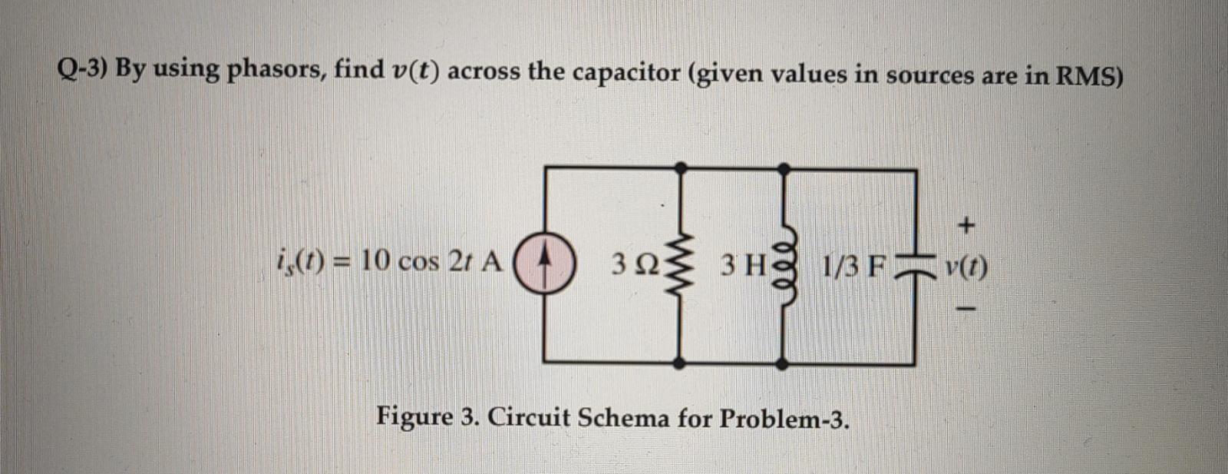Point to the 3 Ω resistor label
(x=635, y=266)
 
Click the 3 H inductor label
(x=742, y=266)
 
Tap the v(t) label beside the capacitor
(x=966, y=267)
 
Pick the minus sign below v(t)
(x=968, y=310)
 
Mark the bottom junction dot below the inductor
(x=783, y=363)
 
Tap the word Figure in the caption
(x=414, y=418)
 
